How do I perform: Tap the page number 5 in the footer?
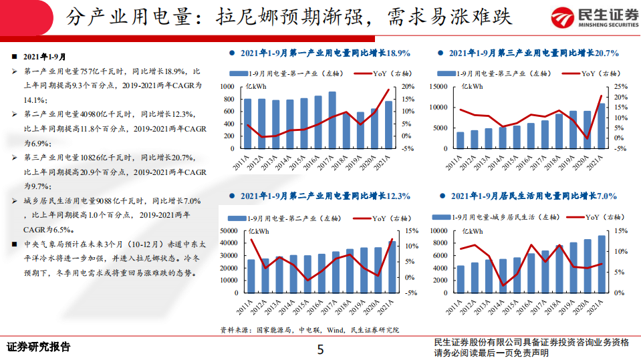pyautogui.click(x=320, y=349)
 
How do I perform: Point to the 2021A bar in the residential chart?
pyautogui.click(x=602, y=266)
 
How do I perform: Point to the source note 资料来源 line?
pyautogui.click(x=309, y=330)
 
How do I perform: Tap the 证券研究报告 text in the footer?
pyautogui.click(x=38, y=347)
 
